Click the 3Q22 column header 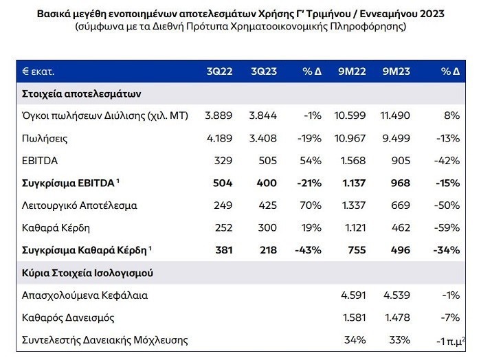click(219, 71)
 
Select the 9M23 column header click(396, 71)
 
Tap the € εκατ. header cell click(38, 71)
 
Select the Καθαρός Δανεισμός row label click(67, 317)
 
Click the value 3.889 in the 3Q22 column click(219, 115)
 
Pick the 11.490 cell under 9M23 click(395, 115)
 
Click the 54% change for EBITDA click(310, 160)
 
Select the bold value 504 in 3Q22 click(223, 183)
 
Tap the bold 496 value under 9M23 click(400, 250)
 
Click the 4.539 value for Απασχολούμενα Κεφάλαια click(395, 295)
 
